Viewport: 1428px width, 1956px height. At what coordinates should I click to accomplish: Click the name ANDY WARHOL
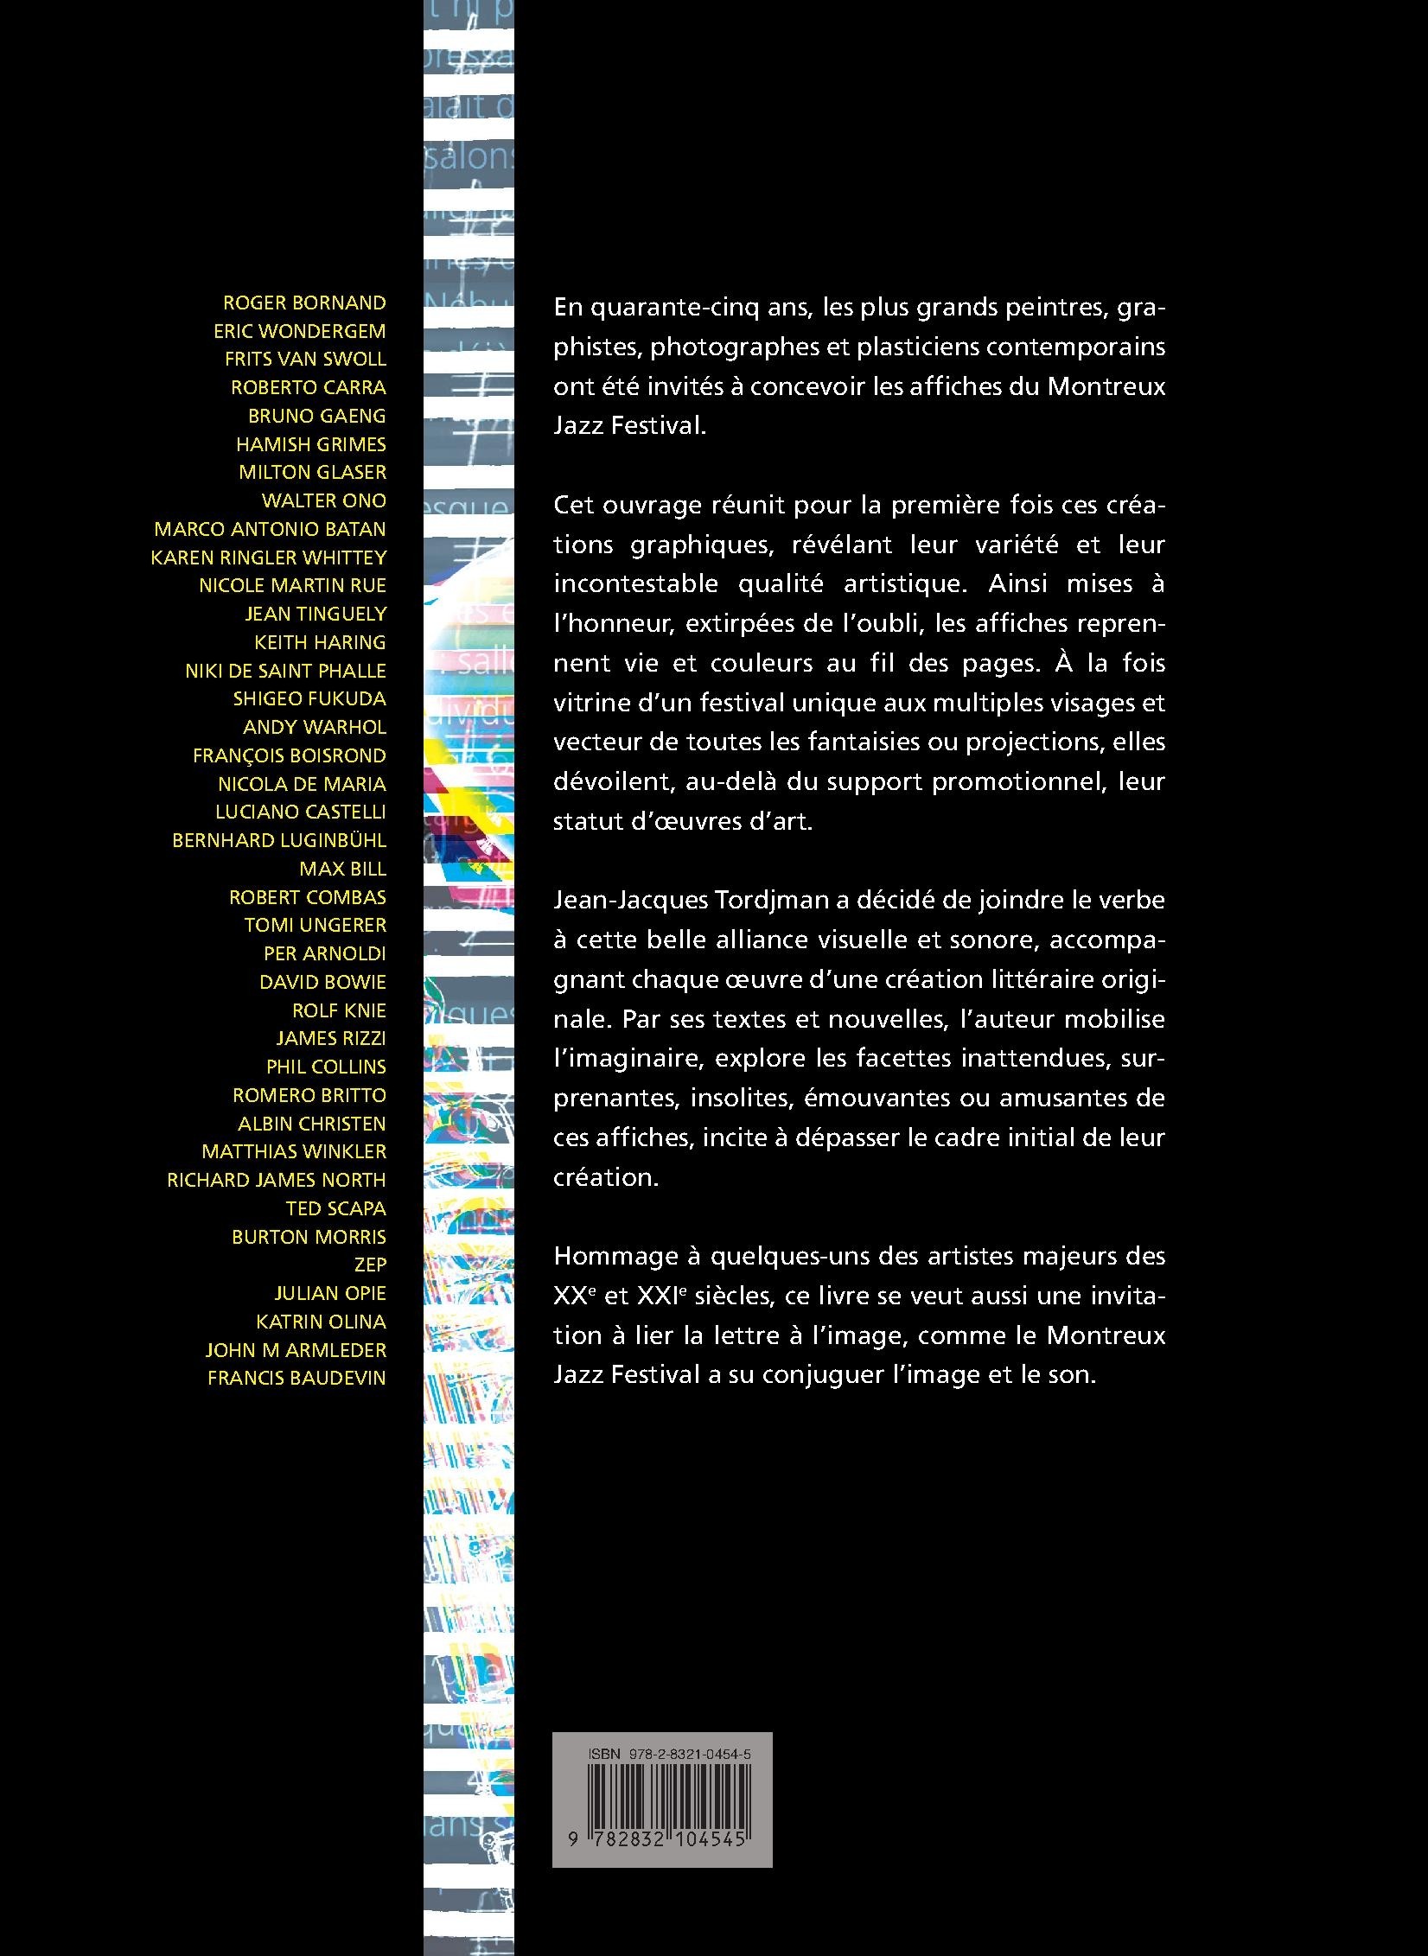tap(315, 727)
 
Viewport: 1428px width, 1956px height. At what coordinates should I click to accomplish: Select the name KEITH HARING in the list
tap(320, 642)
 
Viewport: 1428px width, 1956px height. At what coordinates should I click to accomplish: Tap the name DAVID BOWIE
tap(322, 982)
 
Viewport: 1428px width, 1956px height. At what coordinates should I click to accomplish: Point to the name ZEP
tap(370, 1265)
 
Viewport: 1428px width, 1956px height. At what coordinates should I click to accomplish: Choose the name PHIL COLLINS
tap(326, 1067)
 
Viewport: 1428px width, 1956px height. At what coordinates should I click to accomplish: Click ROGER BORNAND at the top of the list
tap(304, 303)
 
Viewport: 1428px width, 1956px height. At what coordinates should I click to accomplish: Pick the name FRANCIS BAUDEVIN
tap(296, 1378)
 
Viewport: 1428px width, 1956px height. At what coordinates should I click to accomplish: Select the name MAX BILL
tap(342, 869)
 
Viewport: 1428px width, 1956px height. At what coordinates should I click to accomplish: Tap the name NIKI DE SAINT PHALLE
tap(285, 671)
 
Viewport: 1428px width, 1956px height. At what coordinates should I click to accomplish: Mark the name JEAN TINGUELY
tap(316, 614)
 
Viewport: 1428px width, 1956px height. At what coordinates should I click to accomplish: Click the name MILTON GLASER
tap(312, 472)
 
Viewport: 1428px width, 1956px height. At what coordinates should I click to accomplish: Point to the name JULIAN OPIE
tap(330, 1293)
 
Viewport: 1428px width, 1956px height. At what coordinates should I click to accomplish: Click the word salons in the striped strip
tap(471, 158)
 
